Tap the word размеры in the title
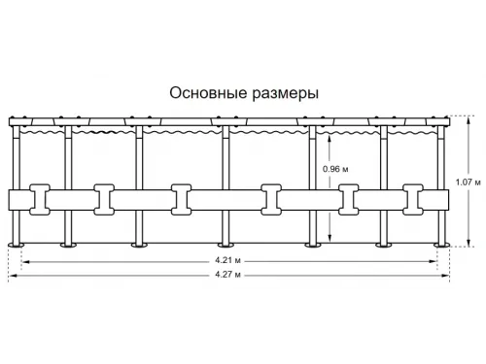[283, 93]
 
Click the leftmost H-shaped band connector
[41, 199]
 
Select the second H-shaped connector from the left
[104, 199]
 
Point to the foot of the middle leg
[226, 243]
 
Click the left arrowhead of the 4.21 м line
[26, 260]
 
